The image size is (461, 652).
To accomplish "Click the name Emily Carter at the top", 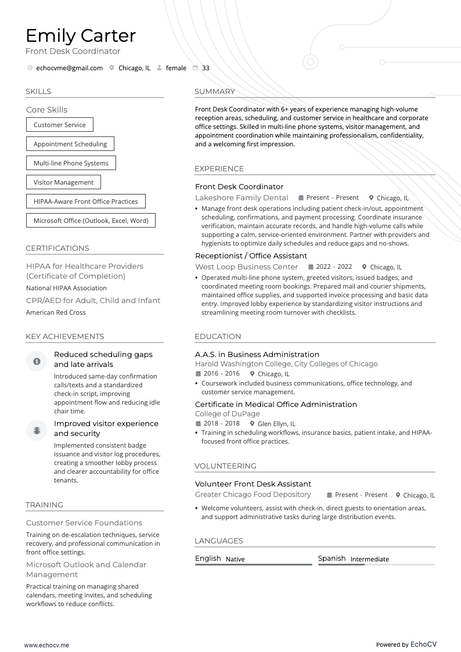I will (x=81, y=36).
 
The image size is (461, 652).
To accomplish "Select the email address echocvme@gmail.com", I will (x=69, y=68).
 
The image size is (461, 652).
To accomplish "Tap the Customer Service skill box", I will (x=60, y=125).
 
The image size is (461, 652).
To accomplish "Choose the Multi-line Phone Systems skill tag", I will (x=71, y=163).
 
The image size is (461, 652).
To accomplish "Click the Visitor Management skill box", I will (x=63, y=182).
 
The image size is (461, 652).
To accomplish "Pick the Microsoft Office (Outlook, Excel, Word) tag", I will (x=91, y=221).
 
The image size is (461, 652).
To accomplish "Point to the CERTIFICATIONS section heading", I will (x=57, y=248).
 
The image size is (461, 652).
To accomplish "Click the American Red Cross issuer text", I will (x=56, y=312).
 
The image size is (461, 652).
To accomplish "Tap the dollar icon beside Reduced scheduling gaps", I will (x=37, y=361).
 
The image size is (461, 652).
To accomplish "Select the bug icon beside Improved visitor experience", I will (x=37, y=430).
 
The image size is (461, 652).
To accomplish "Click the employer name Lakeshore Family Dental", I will (x=242, y=198).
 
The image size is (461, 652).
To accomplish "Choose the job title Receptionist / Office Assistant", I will (x=251, y=256).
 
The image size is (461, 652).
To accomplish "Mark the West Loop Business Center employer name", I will (x=246, y=267).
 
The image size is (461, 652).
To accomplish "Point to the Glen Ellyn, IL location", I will (x=276, y=424).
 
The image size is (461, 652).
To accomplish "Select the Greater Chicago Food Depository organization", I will (x=253, y=495).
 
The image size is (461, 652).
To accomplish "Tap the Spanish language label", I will (x=332, y=559).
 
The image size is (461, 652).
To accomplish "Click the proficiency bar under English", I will (x=253, y=564).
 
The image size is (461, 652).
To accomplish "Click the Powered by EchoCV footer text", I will (x=406, y=644).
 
